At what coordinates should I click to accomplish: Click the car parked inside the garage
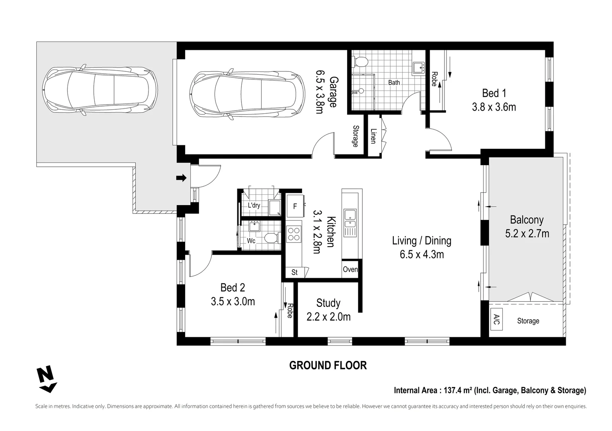tap(247, 94)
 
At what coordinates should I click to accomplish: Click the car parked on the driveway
tap(100, 90)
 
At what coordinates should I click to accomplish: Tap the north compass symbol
tap(46, 379)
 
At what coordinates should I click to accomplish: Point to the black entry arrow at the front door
tap(181, 178)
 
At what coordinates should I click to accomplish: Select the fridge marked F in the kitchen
tap(295, 206)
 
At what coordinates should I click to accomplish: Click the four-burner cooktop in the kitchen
tap(294, 234)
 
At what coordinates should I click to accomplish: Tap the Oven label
tap(350, 269)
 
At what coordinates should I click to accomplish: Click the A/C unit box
tap(496, 319)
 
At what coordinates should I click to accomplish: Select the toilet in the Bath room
tap(360, 62)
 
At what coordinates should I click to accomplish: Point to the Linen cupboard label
tap(373, 136)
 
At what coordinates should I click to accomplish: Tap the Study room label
tap(328, 303)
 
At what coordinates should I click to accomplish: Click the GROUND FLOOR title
tap(328, 366)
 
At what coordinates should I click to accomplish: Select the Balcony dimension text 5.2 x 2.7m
tap(527, 234)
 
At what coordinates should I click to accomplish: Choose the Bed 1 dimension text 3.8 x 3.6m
tap(494, 107)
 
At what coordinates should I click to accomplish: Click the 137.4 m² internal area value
tap(458, 390)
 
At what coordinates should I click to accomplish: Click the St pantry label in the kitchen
tap(294, 272)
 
